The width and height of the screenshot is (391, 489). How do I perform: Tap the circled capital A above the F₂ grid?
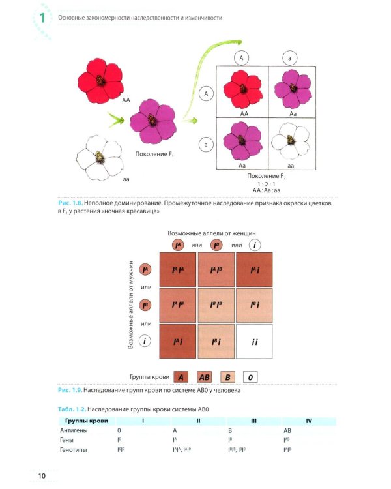[242, 58]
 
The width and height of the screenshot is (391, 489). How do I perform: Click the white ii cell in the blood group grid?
[254, 341]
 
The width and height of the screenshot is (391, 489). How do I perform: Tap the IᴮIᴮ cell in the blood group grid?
[216, 305]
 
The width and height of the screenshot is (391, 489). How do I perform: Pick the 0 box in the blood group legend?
[251, 376]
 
